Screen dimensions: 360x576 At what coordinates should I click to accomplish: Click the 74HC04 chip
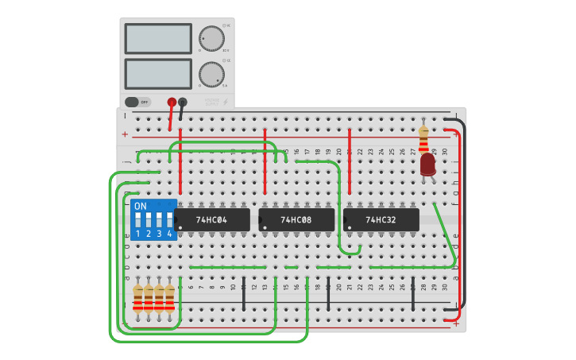click(211, 219)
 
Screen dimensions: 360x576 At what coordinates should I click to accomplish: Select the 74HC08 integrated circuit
click(296, 219)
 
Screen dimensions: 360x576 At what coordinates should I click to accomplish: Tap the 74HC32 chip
click(381, 219)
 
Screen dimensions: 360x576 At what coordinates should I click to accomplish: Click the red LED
click(427, 164)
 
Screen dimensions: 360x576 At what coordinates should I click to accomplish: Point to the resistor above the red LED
click(423, 139)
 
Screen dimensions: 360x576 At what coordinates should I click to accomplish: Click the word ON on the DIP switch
click(141, 207)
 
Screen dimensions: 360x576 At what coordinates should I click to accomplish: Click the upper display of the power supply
click(158, 38)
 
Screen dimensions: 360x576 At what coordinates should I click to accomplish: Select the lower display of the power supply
click(158, 74)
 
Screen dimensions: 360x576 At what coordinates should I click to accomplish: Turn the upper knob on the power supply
click(211, 38)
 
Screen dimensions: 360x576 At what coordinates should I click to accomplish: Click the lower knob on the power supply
click(211, 75)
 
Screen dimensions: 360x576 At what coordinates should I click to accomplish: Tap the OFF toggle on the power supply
click(137, 102)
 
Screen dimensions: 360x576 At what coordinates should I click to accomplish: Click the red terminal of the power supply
click(172, 102)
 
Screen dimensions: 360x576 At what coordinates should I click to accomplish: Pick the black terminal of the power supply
click(183, 102)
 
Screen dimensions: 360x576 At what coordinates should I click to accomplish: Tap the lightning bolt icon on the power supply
click(226, 102)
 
